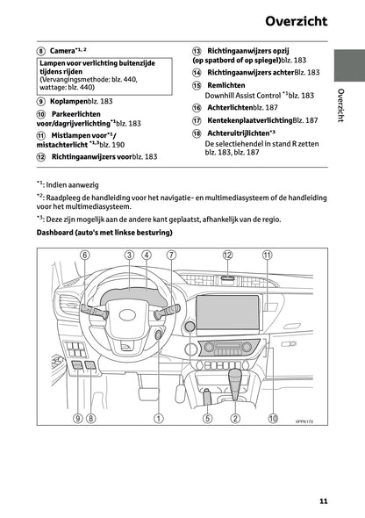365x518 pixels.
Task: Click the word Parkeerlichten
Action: [x=75, y=115]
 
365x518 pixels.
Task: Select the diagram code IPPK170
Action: [x=304, y=421]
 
